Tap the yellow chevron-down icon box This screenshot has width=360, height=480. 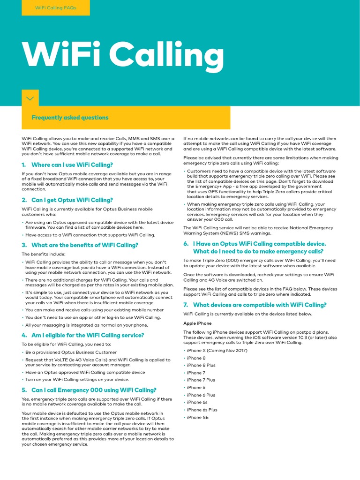[x=30, y=98]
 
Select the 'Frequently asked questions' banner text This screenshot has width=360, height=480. [x=70, y=118]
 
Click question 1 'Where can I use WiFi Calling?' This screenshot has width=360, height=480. [x=72, y=165]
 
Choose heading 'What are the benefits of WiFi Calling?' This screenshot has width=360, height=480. [x=84, y=245]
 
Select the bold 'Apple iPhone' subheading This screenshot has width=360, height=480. [x=197, y=323]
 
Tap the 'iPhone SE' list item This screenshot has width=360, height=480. [x=198, y=417]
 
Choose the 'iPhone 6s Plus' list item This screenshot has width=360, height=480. [x=202, y=410]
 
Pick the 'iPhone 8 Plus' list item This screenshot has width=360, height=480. [x=201, y=365]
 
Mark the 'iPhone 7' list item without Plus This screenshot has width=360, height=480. [x=196, y=373]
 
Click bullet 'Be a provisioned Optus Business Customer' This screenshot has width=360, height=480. [x=71, y=352]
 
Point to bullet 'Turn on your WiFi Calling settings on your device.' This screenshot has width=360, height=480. [x=77, y=380]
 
